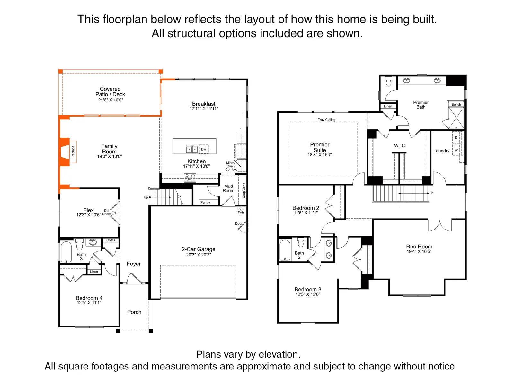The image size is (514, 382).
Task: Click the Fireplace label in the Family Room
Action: [x=73, y=152]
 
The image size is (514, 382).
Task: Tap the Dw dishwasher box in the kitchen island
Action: [x=204, y=149]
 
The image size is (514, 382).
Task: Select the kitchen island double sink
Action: [x=192, y=149]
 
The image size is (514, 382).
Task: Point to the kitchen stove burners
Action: [x=190, y=178]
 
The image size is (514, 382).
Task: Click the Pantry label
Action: [x=205, y=203]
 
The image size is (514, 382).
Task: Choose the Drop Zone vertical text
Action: [x=244, y=190]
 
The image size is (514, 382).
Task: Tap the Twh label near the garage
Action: [x=241, y=213]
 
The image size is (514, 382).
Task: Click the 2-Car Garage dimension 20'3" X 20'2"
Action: [x=199, y=255]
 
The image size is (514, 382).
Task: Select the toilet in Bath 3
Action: [x=79, y=244]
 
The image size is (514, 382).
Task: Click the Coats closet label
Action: [x=111, y=240]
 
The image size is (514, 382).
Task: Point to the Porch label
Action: [x=134, y=312]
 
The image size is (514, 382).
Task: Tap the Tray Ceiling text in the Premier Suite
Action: [x=326, y=120]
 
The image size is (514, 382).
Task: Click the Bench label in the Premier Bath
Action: [x=456, y=104]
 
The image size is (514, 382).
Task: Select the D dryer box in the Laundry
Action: [x=456, y=137]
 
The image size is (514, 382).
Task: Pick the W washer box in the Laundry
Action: [x=456, y=150]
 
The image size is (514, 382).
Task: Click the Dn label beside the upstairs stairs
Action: [x=431, y=193]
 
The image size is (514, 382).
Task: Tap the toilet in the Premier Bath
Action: [x=389, y=81]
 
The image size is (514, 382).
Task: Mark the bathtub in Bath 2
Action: [x=285, y=250]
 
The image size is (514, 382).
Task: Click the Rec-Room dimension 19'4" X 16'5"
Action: [x=419, y=252]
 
